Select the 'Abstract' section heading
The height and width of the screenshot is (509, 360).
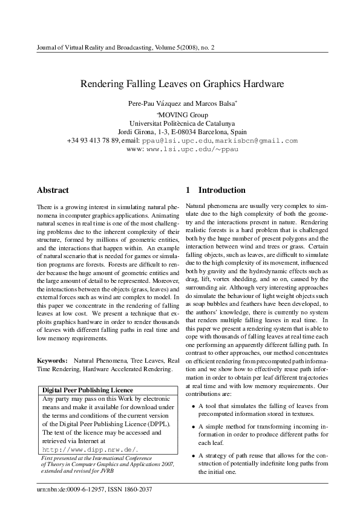click(53, 190)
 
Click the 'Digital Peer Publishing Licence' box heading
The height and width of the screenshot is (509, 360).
click(87, 390)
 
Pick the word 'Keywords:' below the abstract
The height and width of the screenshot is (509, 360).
click(52, 360)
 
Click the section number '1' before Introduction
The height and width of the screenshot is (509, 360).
click(188, 190)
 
